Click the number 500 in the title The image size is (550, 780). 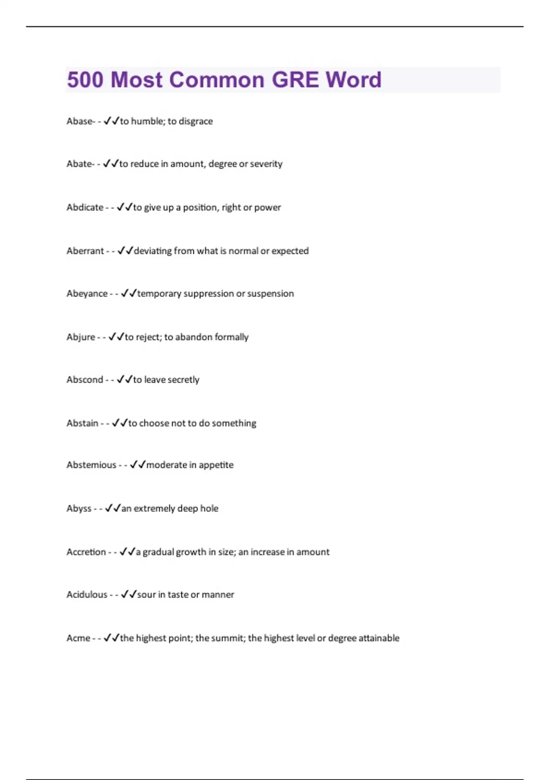(x=85, y=80)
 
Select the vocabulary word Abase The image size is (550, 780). (x=79, y=121)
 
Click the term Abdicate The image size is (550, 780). (x=85, y=207)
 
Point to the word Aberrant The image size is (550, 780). (x=85, y=251)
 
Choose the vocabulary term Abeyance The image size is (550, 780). (x=87, y=294)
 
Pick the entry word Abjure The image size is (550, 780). (x=81, y=337)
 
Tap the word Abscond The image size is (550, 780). (x=85, y=380)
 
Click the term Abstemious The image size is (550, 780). (x=91, y=465)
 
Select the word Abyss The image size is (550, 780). (x=79, y=508)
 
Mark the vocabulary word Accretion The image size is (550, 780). (x=86, y=552)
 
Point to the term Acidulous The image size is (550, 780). (x=87, y=595)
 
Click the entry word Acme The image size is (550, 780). (x=78, y=638)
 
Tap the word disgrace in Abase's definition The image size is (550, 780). (x=196, y=122)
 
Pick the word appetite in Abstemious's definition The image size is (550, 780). (x=216, y=465)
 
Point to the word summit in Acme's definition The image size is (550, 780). (x=227, y=638)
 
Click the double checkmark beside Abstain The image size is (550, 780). (x=120, y=423)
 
